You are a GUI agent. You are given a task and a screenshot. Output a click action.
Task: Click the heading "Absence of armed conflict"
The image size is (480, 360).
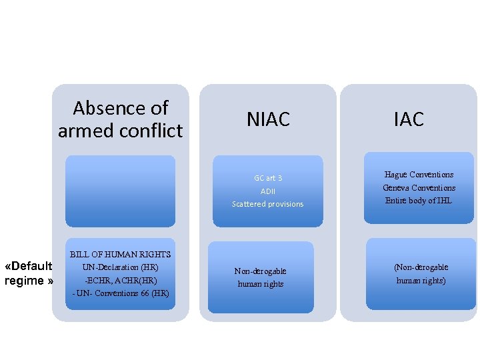(120, 119)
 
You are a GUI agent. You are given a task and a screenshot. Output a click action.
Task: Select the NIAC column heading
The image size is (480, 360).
(268, 119)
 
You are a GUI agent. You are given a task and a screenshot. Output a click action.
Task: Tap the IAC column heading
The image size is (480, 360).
(409, 119)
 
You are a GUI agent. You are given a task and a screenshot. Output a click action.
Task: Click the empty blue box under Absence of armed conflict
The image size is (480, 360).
(120, 191)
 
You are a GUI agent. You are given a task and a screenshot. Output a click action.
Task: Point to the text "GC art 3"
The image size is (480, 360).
(267, 178)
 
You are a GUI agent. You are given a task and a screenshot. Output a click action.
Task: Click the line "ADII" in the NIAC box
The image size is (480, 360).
(267, 191)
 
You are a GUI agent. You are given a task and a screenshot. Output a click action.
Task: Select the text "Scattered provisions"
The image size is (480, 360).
(267, 204)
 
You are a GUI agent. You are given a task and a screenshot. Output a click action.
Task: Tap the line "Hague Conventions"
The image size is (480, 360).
(419, 175)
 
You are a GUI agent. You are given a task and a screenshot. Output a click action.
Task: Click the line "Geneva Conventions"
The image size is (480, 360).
(419, 188)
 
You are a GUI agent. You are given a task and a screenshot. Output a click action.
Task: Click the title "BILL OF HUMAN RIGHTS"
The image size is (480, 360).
(120, 255)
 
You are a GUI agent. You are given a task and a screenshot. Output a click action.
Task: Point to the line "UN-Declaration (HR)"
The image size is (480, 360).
(120, 267)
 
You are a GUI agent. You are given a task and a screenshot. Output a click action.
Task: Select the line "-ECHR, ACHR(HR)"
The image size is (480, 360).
(120, 281)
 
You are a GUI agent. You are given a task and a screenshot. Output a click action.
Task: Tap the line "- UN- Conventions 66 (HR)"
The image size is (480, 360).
(120, 293)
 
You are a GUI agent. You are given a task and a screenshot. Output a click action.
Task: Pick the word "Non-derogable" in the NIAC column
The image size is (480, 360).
(260, 271)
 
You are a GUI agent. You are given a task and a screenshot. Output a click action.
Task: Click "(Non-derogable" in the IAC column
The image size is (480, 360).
(421, 267)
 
